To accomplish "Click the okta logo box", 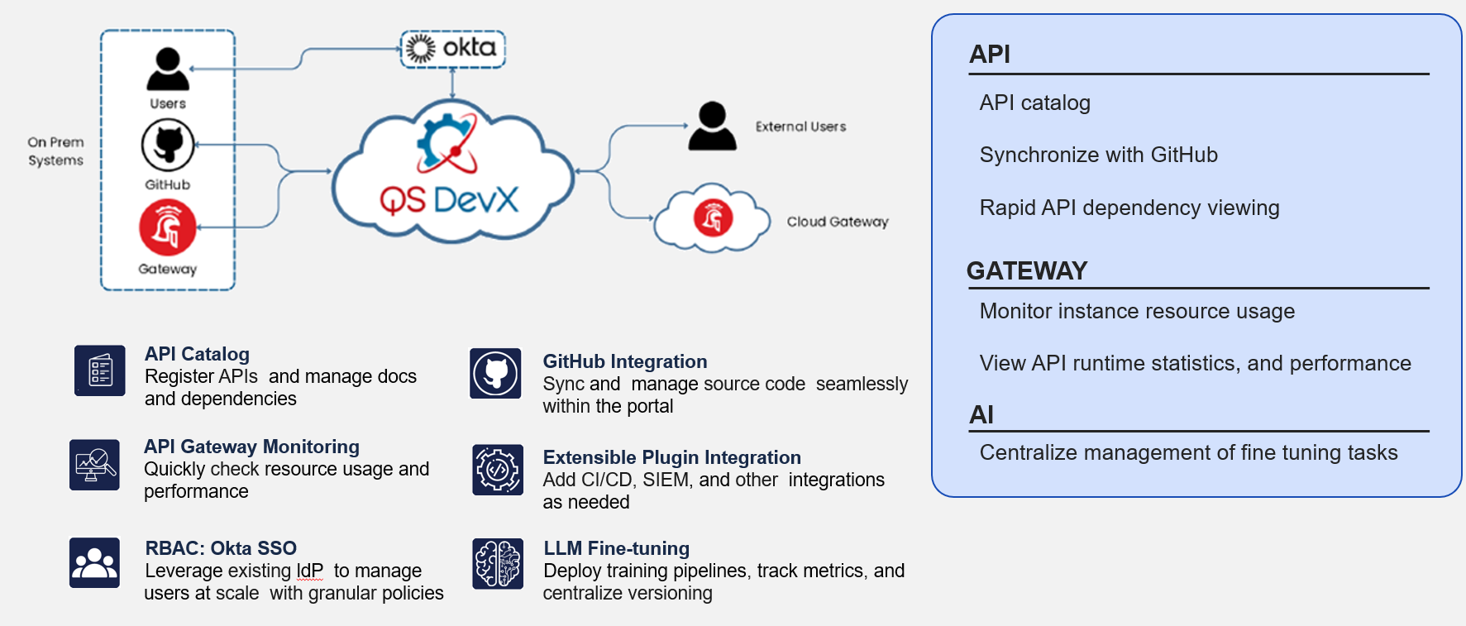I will [452, 49].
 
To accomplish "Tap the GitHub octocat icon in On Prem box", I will [168, 145].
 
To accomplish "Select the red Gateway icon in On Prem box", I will [168, 227].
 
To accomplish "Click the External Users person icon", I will [712, 127].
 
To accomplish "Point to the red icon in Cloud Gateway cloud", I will [713, 219].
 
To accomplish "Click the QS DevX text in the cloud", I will [449, 199].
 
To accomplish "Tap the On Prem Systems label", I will [55, 151].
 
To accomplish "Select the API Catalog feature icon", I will [100, 370].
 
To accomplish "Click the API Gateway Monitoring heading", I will [251, 447].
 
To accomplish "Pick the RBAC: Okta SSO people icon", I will [95, 562].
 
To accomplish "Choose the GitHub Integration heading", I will [624, 361].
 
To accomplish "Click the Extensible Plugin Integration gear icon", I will [498, 470].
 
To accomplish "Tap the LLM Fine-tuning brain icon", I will [498, 563].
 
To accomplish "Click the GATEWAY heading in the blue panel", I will [1026, 270].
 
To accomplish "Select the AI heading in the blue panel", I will [981, 414].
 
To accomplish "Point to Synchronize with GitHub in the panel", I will [1098, 155].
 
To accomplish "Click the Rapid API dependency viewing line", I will [1129, 208].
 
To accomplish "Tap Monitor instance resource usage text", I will [1137, 311].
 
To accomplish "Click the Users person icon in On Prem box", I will [168, 69].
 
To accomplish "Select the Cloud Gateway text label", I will [837, 222].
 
